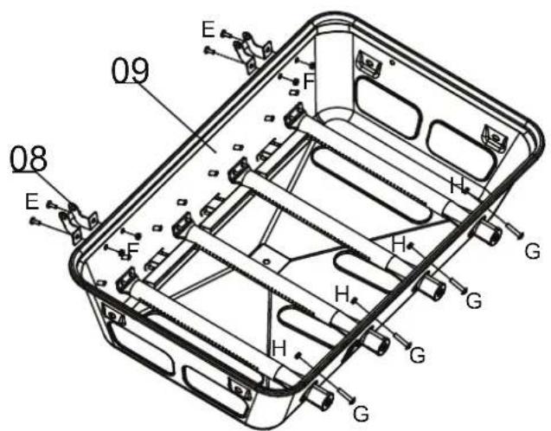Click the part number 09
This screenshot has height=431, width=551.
point(131,71)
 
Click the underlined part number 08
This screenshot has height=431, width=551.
point(29,159)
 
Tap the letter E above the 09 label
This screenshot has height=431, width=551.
point(208,29)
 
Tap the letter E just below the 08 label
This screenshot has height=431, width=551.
point(32,202)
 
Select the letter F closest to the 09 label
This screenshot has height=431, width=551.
point(309,81)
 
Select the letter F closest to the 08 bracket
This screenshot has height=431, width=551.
point(133,249)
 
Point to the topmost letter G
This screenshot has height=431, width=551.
point(533,251)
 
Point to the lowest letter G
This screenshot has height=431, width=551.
point(361,414)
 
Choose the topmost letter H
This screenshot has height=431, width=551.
point(458,185)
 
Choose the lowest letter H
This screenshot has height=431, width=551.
point(279,349)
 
